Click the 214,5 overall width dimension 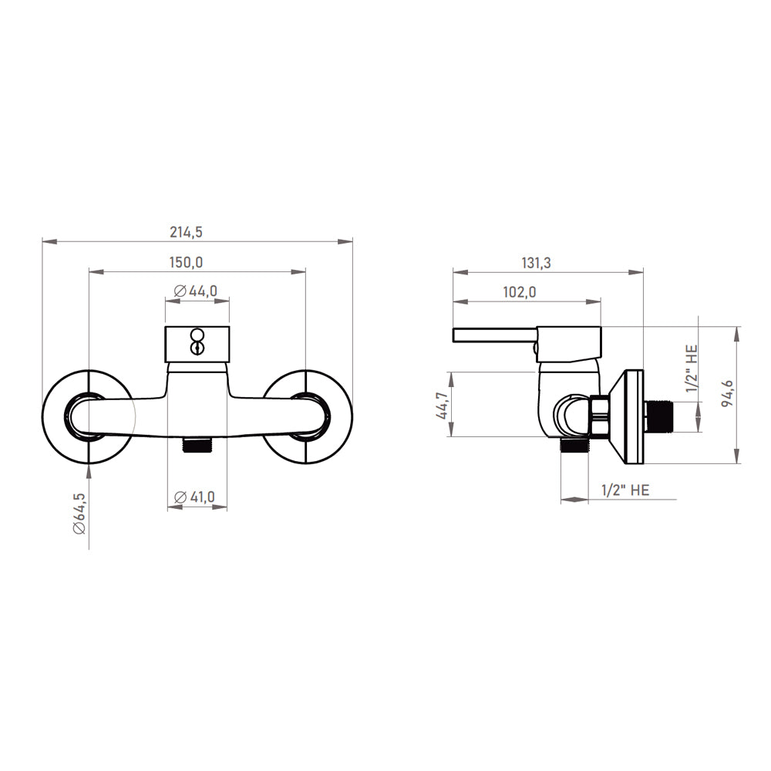click(187, 231)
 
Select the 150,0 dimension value click(187, 263)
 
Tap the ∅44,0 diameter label click(196, 291)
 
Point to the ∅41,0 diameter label click(195, 497)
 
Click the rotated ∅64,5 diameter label click(79, 513)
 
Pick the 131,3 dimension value click(536, 263)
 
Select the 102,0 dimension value click(519, 292)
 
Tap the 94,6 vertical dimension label click(727, 393)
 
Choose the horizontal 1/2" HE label click(625, 490)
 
